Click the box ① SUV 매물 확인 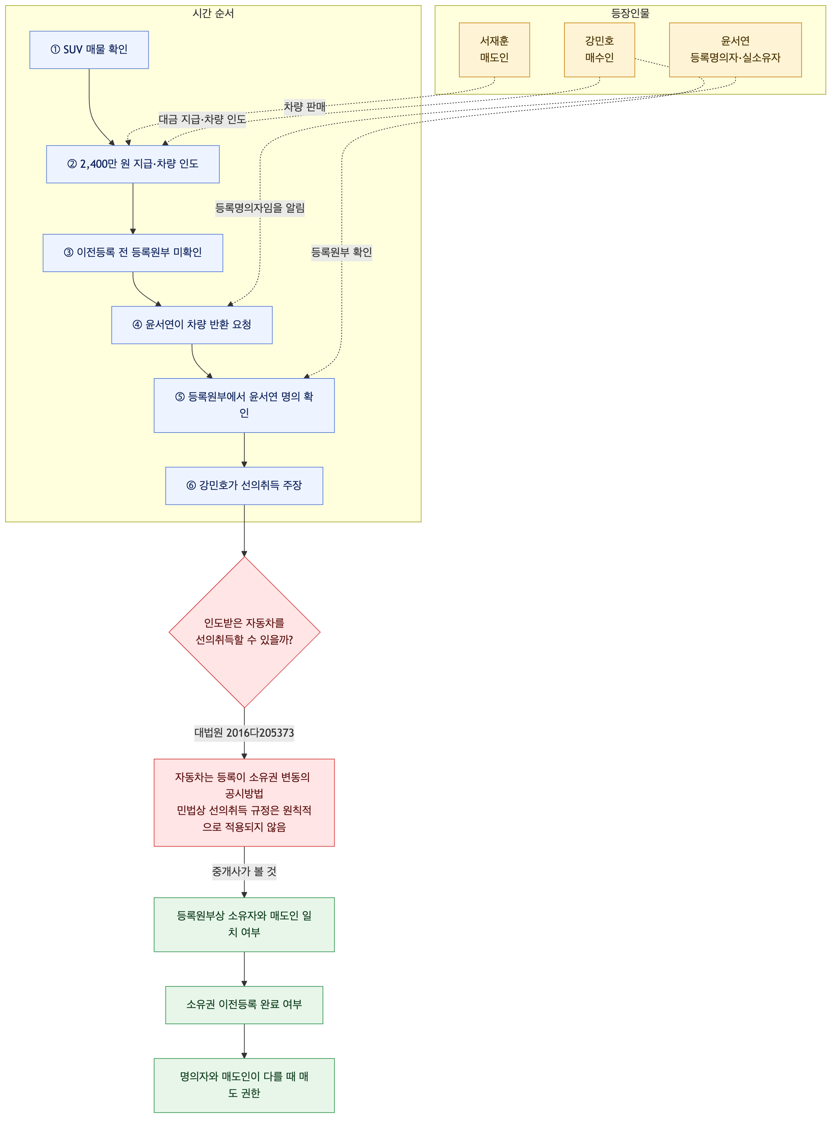point(89,50)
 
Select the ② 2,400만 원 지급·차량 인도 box point(133,164)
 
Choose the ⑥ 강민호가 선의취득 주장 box point(244,486)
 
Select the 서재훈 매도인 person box point(495,50)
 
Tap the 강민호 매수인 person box point(599,50)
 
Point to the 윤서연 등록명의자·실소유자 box point(735,50)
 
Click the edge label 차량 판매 point(304,107)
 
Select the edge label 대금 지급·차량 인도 point(202,120)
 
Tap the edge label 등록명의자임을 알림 point(260,208)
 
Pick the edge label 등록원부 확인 point(341,252)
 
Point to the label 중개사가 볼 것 point(244,871)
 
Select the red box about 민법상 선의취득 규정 point(244,803)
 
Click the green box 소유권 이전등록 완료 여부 point(244,1005)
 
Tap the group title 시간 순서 point(213,13)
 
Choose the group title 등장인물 point(630,13)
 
